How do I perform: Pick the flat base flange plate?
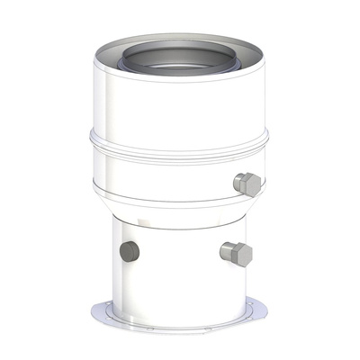coord(180,315)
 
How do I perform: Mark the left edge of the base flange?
coord(96,310)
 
